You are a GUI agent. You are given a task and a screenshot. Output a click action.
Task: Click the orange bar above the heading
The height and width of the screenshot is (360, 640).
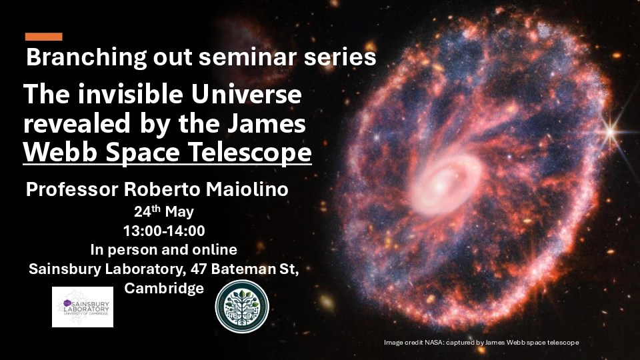pos(43,37)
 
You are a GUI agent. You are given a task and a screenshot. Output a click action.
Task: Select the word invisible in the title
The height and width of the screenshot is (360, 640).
pos(133,95)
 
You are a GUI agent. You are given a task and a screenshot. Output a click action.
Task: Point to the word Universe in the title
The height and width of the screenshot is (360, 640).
pos(249,95)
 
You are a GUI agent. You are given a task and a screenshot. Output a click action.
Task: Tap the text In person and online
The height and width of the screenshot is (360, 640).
pos(163,250)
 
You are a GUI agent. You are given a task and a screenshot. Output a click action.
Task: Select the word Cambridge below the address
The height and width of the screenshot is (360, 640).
pos(163,289)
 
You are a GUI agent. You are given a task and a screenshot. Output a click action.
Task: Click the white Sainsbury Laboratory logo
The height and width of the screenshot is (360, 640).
pos(83,307)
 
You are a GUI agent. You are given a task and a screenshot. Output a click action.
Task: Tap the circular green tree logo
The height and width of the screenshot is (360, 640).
pos(241,307)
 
